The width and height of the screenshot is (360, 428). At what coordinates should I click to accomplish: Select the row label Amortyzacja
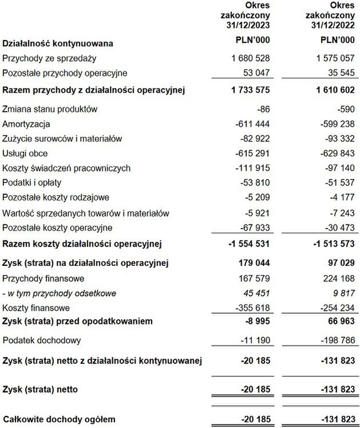tap(26, 124)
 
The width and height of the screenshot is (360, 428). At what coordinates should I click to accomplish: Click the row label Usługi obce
tap(26, 154)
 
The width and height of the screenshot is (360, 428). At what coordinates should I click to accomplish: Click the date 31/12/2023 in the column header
tap(246, 25)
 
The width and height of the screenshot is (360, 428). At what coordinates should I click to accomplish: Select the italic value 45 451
tap(256, 293)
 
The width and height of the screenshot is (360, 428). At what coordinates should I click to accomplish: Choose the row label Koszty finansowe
tap(35, 308)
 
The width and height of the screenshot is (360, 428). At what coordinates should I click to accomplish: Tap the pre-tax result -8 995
tap(256, 321)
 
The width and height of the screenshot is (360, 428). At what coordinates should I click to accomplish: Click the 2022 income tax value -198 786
tap(335, 340)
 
